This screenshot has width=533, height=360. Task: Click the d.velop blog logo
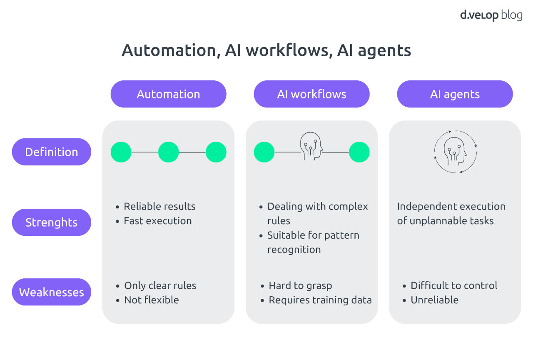click(x=491, y=15)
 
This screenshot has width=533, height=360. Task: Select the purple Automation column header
click(x=168, y=94)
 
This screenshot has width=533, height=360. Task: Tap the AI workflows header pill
click(x=311, y=94)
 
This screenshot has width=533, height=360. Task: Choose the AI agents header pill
click(x=455, y=94)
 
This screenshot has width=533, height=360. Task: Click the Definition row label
click(x=51, y=152)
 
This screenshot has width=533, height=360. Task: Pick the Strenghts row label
click(x=51, y=222)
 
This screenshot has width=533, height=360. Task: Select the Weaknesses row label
click(x=51, y=292)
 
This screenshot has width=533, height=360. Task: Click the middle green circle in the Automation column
click(x=168, y=152)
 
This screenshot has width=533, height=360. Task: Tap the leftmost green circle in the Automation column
click(x=121, y=152)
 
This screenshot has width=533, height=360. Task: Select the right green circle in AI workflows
click(x=359, y=152)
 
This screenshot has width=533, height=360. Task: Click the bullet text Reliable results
click(x=159, y=207)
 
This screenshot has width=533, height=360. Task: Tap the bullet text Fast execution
click(x=157, y=221)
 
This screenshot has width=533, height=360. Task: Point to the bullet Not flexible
click(x=151, y=300)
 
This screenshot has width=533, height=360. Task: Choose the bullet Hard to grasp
click(x=300, y=286)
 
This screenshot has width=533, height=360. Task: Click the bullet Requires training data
click(x=320, y=300)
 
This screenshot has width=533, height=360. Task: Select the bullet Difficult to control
click(x=454, y=286)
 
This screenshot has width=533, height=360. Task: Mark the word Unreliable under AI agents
click(x=434, y=300)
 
